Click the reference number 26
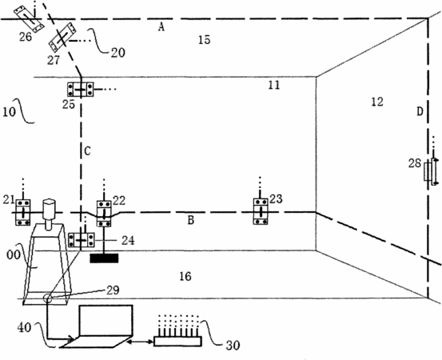pyautogui.click(x=26, y=37)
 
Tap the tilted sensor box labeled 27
pyautogui.click(x=62, y=38)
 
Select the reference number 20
pyautogui.click(x=117, y=53)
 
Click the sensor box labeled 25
pyautogui.click(x=81, y=89)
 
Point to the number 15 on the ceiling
pyautogui.click(x=204, y=40)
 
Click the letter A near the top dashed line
pyautogui.click(x=161, y=27)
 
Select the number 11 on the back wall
pyautogui.click(x=273, y=85)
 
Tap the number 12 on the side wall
pyautogui.click(x=377, y=102)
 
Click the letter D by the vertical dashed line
pyautogui.click(x=420, y=112)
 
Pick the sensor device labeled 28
pyautogui.click(x=432, y=171)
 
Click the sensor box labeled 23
pyautogui.click(x=261, y=211)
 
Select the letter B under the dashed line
pyautogui.click(x=191, y=220)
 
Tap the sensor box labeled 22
pyautogui.click(x=104, y=214)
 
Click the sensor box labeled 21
pyautogui.click(x=23, y=212)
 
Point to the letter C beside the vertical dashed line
pyautogui.click(x=87, y=151)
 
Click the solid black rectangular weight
pyautogui.click(x=104, y=258)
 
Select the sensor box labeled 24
pyautogui.click(x=82, y=240)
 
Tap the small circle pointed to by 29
pyautogui.click(x=47, y=298)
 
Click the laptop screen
pyautogui.click(x=106, y=321)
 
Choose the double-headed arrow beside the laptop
pyautogui.click(x=140, y=342)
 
